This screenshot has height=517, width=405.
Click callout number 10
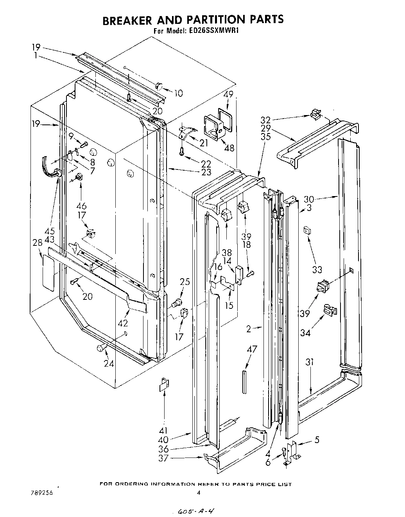pyautogui.click(x=178, y=93)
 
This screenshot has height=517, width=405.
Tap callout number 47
pyautogui.click(x=252, y=349)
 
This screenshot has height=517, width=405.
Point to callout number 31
pyautogui.click(x=310, y=363)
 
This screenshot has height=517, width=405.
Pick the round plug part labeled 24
pyautogui.click(x=101, y=348)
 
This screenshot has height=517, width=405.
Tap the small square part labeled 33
pyautogui.click(x=306, y=231)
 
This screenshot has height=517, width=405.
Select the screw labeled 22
pyautogui.click(x=182, y=150)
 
